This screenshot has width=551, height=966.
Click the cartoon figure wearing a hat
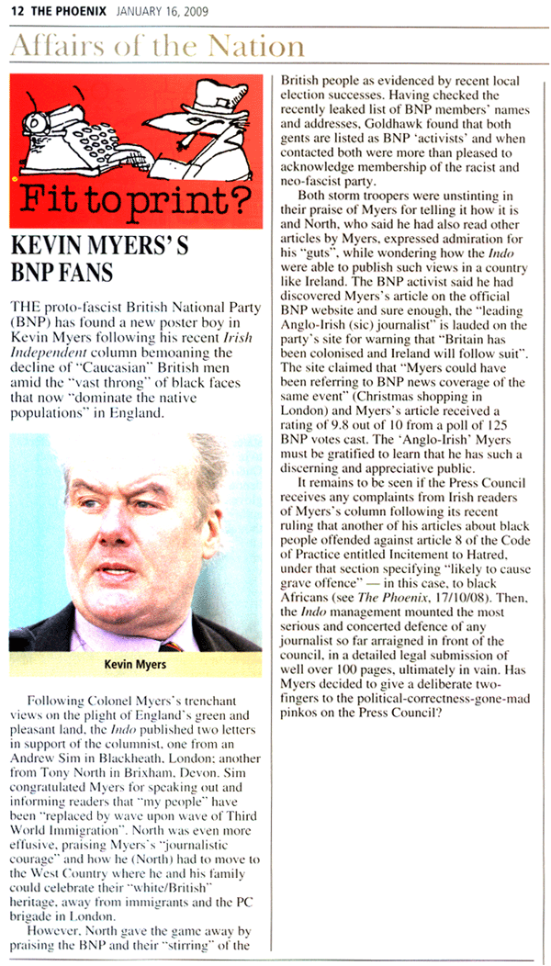[x=201, y=128]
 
